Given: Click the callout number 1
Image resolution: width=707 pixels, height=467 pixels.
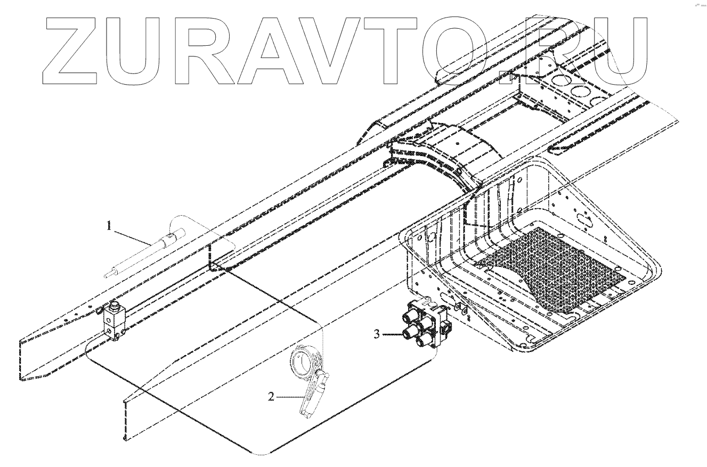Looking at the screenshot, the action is [x=109, y=227].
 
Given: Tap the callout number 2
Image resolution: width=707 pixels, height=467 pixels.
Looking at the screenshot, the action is [x=271, y=397].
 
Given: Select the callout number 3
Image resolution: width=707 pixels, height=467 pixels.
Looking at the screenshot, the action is [x=377, y=334].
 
